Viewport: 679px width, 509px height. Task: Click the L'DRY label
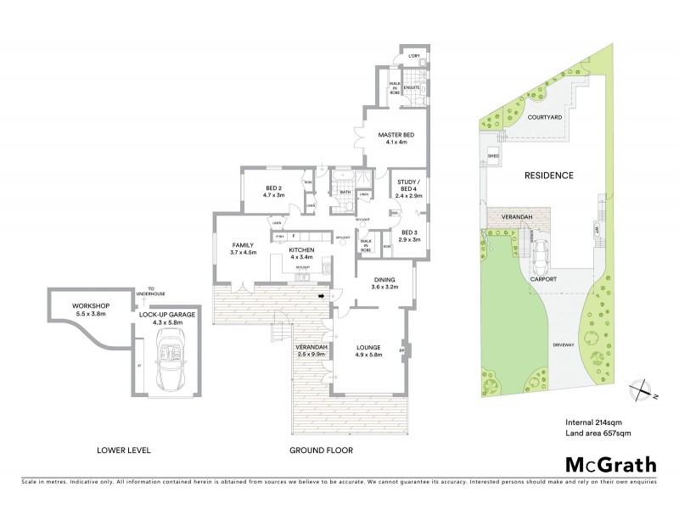click(x=414, y=56)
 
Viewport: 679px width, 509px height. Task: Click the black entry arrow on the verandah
click(x=320, y=296)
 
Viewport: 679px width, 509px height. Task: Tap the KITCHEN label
click(x=301, y=250)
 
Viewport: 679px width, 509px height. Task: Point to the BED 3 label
click(x=410, y=232)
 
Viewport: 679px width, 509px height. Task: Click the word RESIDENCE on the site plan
click(x=548, y=176)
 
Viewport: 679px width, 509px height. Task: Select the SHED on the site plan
click(x=493, y=157)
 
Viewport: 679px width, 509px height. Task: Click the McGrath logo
click(x=611, y=464)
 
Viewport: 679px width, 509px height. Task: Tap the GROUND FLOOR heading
click(x=321, y=450)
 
